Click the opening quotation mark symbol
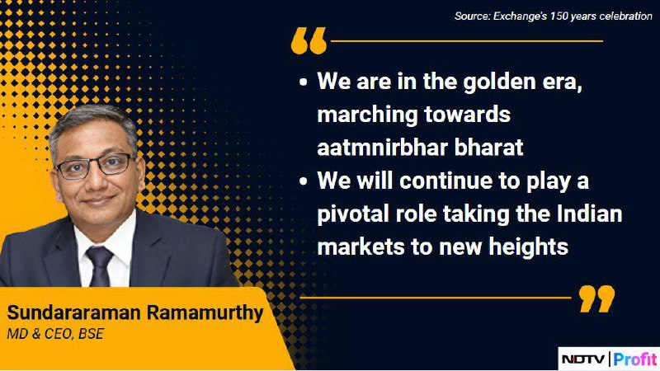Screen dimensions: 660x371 click(x=309, y=40)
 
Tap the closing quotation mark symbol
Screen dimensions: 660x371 click(x=596, y=298)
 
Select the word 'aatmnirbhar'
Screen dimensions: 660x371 click(x=381, y=148)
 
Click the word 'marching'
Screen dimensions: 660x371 click(x=367, y=115)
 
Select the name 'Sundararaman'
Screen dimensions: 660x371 click(x=73, y=312)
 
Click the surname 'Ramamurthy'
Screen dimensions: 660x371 click(x=205, y=313)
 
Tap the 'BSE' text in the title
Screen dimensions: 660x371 click(x=91, y=334)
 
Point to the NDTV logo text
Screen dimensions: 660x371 click(x=583, y=359)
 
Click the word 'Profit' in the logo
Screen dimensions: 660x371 click(x=635, y=359)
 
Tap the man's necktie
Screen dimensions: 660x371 click(x=100, y=266)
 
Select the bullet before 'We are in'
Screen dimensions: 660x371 click(x=303, y=82)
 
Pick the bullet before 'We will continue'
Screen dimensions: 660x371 click(x=303, y=181)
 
